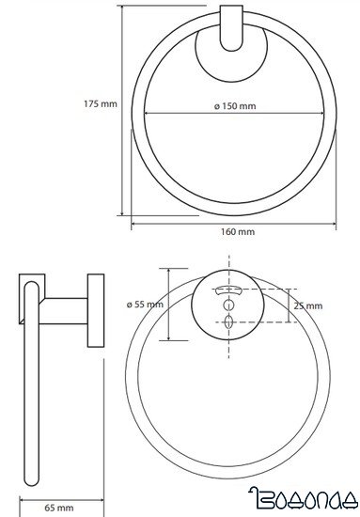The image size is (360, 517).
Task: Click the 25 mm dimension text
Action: click(307, 305)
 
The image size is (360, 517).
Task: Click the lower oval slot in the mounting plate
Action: click(229, 321)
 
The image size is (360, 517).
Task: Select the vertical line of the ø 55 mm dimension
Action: click(167, 305)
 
